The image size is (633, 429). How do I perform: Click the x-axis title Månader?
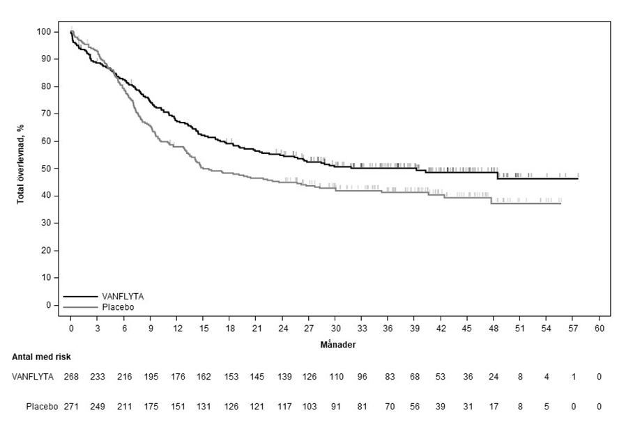tap(334, 344)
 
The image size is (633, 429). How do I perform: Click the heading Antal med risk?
tap(41, 357)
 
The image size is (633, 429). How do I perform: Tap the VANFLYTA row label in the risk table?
tap(33, 377)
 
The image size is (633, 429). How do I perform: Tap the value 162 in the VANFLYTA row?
tap(204, 377)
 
